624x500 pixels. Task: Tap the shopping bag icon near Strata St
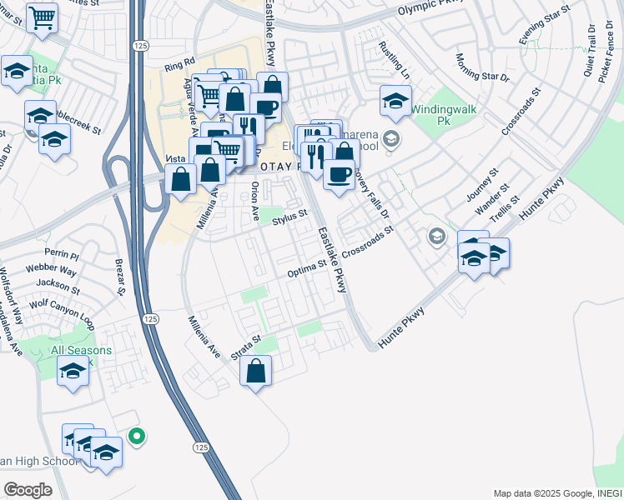pos(257,371)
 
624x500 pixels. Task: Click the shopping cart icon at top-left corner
pos(42,17)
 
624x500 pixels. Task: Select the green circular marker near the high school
pos(138,435)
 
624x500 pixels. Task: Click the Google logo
pos(28,489)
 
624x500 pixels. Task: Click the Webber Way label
pos(56,271)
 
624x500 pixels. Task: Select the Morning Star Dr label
pos(482,68)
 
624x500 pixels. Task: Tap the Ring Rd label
pos(179,64)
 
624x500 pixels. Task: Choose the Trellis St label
pos(504,212)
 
